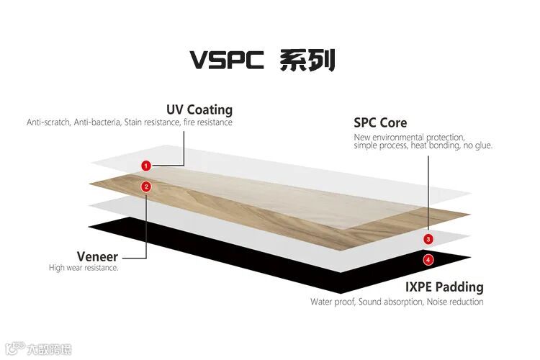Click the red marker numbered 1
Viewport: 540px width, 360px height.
pyautogui.click(x=146, y=166)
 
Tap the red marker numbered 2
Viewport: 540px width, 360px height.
pyautogui.click(x=146, y=186)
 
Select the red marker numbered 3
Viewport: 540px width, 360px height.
pyautogui.click(x=428, y=238)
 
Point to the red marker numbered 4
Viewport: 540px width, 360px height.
pyautogui.click(x=428, y=259)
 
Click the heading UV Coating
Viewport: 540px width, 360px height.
pyautogui.click(x=199, y=109)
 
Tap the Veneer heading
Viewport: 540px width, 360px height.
pyautogui.click(x=97, y=256)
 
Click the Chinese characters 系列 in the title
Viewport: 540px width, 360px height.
pyautogui.click(x=308, y=59)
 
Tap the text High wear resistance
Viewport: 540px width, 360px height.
pyautogui.click(x=84, y=268)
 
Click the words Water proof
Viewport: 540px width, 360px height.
pyautogui.click(x=332, y=302)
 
